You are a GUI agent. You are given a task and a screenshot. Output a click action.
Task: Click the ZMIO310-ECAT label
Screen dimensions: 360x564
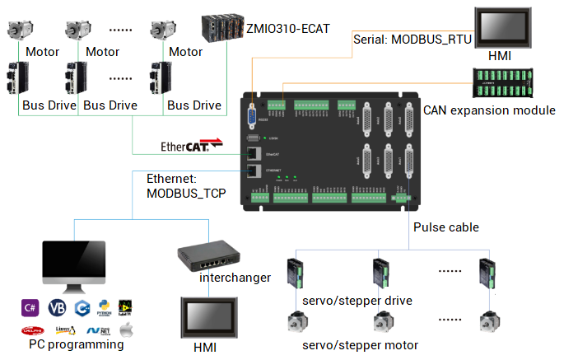[287, 29]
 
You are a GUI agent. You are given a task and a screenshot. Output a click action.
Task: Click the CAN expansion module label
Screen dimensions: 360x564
[489, 110]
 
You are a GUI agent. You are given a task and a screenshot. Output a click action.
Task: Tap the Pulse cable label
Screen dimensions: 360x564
[445, 227]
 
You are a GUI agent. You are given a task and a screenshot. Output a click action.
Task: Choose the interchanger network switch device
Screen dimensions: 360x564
[209, 257]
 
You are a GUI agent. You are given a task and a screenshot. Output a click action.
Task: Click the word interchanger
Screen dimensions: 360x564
[235, 277]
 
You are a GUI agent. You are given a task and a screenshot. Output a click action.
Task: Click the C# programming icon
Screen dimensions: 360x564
[30, 307]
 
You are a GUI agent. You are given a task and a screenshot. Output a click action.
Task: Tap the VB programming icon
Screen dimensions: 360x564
[56, 307]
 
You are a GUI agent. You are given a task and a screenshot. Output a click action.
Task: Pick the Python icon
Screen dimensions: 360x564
[105, 307]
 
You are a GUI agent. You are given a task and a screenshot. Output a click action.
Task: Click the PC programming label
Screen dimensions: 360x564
[76, 344]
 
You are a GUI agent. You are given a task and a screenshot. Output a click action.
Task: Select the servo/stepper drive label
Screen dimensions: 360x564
[357, 300]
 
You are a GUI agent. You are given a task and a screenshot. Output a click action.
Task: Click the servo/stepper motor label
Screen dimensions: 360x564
[358, 345]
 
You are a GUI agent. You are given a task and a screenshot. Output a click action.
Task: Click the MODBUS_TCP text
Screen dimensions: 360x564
[185, 194]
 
